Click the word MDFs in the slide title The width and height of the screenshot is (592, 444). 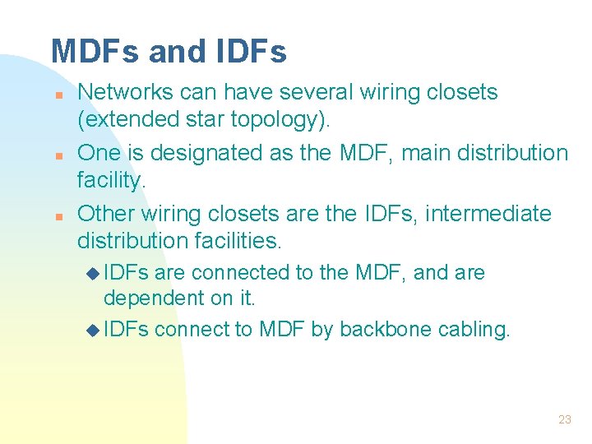(x=95, y=51)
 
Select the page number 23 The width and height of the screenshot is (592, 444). (x=564, y=419)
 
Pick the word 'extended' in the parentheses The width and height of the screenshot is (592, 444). (x=124, y=120)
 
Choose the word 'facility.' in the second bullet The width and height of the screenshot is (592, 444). (x=111, y=181)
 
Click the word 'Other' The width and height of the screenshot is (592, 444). (x=106, y=214)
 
